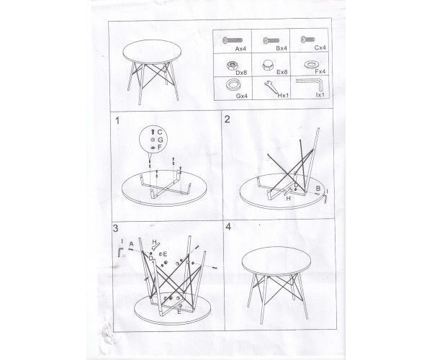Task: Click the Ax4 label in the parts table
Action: click(x=240, y=49)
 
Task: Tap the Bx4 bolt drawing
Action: click(x=271, y=40)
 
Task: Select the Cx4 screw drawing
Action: click(x=307, y=39)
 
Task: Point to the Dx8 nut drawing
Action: click(x=232, y=66)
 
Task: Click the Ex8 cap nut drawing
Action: click(x=268, y=65)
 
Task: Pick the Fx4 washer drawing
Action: click(x=311, y=65)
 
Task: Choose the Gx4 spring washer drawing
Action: click(x=233, y=85)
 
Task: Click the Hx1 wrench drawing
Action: click(x=272, y=88)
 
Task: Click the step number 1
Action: click(x=117, y=121)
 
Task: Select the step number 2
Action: click(x=228, y=120)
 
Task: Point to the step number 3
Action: click(x=115, y=228)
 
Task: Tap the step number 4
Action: click(x=228, y=227)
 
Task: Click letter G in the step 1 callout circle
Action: click(x=160, y=140)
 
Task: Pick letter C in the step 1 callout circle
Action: click(x=160, y=132)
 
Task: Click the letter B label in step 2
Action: click(x=318, y=189)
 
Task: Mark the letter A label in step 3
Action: click(x=132, y=244)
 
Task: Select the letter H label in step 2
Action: click(x=288, y=198)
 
